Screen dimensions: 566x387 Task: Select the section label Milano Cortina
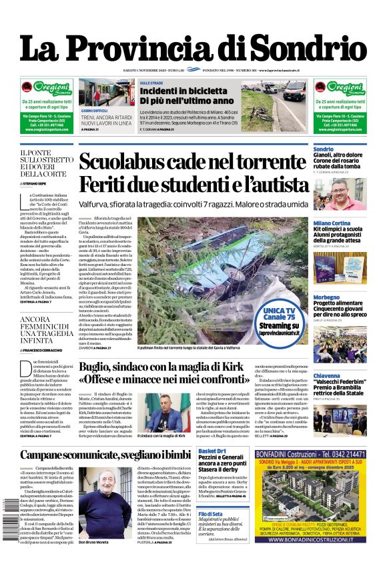coord(332,223)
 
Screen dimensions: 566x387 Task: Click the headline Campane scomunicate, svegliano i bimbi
coord(105,455)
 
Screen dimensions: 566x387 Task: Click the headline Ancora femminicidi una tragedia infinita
coord(45,331)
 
